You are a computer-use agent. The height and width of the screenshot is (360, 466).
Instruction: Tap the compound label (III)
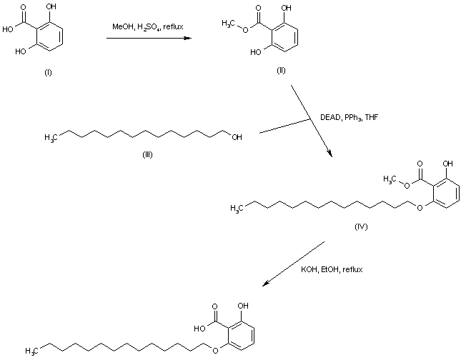pyautogui.click(x=147, y=154)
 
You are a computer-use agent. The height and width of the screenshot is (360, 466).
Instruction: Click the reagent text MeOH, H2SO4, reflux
pyautogui.click(x=148, y=27)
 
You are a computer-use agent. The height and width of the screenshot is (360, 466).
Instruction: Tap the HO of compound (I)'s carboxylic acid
pyautogui.click(x=8, y=30)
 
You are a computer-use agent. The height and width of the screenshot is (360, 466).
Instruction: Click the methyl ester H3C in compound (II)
pyautogui.click(x=229, y=24)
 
